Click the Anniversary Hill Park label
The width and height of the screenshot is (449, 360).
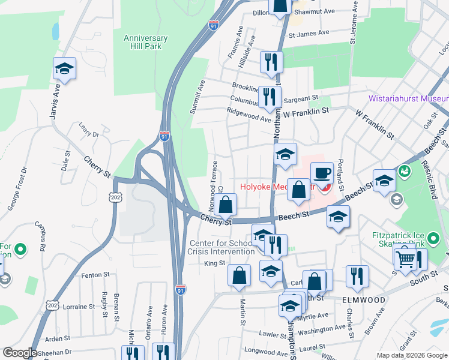tap(145, 43)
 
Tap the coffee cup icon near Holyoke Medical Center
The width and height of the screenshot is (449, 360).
tap(322, 173)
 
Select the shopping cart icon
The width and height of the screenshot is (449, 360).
tap(405, 258)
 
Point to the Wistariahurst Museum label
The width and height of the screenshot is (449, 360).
tap(408, 99)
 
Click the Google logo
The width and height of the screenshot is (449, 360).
tap(20, 353)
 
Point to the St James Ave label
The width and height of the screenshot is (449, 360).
tap(309, 34)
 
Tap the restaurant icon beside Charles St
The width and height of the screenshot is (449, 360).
tap(357, 276)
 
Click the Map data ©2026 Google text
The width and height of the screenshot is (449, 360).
tap(412, 355)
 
